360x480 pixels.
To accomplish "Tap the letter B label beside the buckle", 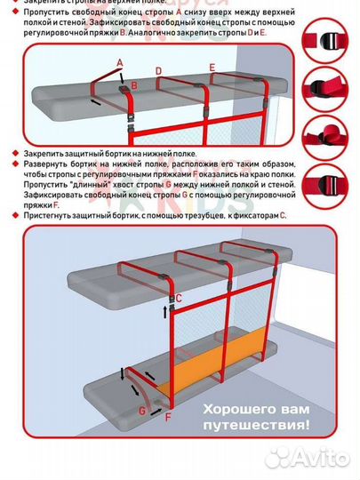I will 134,85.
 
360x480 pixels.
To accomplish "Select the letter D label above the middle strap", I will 158,70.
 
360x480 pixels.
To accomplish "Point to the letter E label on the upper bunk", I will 212,67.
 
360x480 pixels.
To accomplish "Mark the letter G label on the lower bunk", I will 141,411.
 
